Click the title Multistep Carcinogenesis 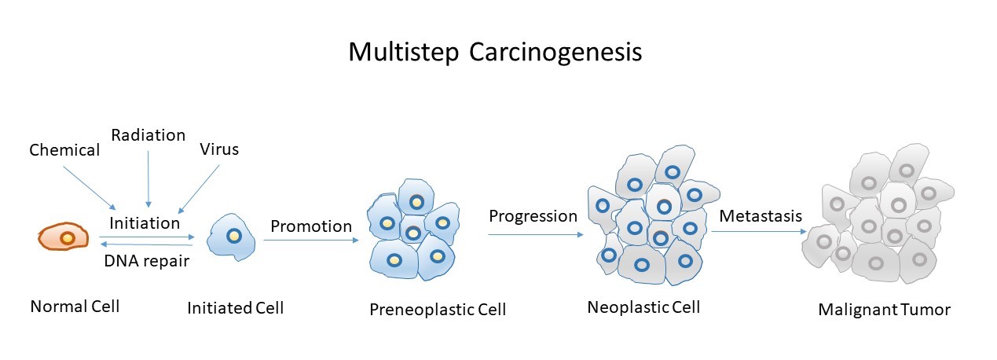point(495,53)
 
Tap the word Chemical point(64,150)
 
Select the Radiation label point(148,135)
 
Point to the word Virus point(219,149)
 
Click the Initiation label point(145,223)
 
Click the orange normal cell point(66,237)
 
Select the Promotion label point(311,226)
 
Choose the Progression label point(533,215)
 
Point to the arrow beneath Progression point(535,233)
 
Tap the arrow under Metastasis point(760,231)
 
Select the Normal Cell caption point(75,307)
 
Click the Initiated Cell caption point(235,308)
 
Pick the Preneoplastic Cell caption point(438,310)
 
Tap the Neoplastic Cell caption point(643,307)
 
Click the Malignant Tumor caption point(884,310)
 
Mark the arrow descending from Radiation point(148,178)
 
